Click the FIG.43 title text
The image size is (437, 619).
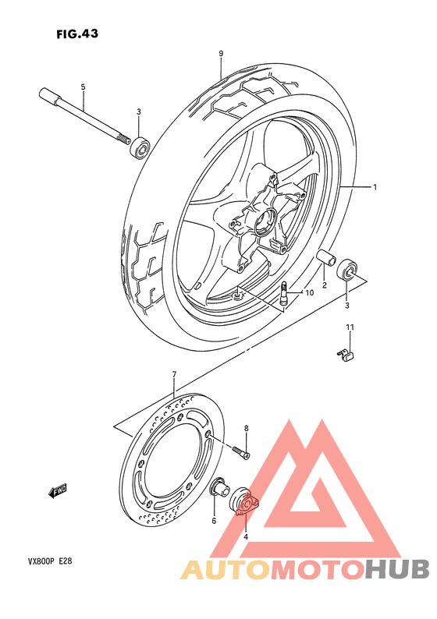tap(77, 34)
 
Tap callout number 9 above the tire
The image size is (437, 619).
tap(221, 53)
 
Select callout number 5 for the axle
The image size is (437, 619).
tap(82, 86)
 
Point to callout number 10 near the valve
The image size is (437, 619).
tap(309, 293)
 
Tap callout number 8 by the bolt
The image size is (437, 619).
tap(246, 428)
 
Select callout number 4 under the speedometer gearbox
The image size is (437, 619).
tap(245, 536)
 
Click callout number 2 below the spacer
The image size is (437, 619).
tap(324, 285)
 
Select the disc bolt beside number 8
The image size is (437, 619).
tap(240, 451)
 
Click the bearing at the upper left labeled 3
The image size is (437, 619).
tap(140, 147)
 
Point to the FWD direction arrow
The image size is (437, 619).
tap(58, 490)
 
